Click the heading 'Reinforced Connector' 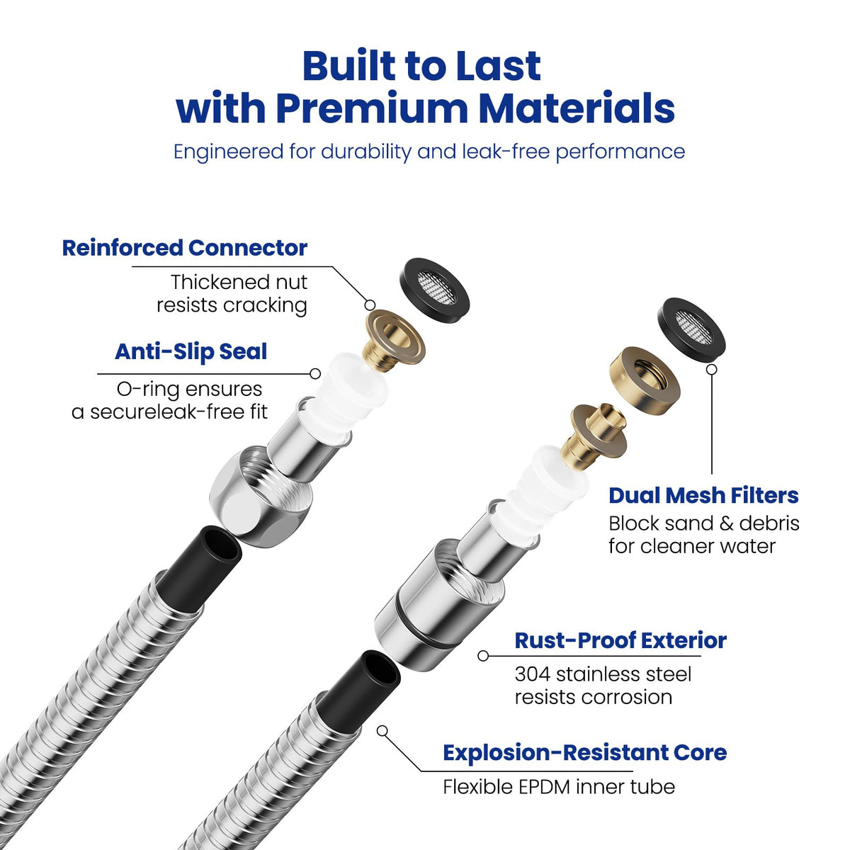(184, 248)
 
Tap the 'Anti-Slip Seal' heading (191, 351)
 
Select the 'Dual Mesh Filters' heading (703, 495)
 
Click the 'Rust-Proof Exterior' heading (620, 640)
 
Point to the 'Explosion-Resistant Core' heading (585, 752)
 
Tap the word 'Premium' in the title (373, 109)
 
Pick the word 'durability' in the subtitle (366, 152)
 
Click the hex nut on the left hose (261, 497)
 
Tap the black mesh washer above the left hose (435, 285)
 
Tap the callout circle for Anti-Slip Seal (315, 373)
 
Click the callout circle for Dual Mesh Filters (711, 369)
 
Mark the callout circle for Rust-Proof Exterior (483, 656)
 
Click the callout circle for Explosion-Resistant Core (382, 731)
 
